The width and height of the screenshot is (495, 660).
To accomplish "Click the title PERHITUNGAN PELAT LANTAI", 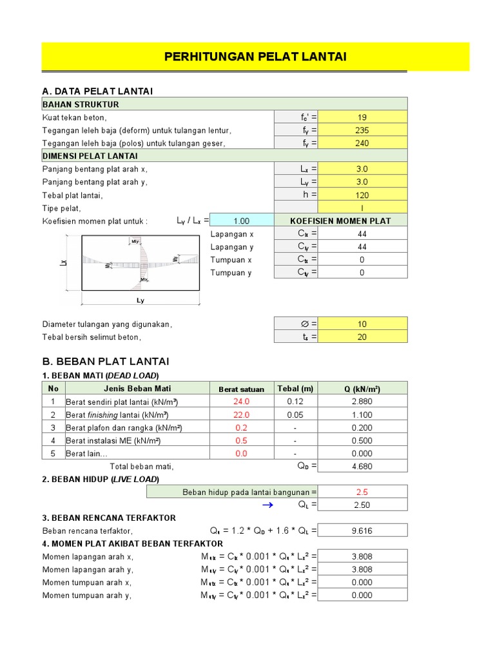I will (255, 57).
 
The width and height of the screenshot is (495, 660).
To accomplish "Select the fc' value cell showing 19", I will (362, 117).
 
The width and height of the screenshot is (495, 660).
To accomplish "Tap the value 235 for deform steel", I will (362, 130).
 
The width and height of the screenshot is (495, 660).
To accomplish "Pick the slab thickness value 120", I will (362, 195).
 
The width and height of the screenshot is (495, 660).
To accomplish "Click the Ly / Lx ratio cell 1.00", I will (241, 220).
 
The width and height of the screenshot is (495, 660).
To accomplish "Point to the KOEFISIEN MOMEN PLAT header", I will (340, 220).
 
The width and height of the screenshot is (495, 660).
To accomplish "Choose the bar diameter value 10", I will (362, 324).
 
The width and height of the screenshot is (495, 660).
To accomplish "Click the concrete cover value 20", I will (362, 336).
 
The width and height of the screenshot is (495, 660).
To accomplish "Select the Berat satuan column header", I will (241, 389).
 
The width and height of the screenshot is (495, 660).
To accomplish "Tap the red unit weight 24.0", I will (241, 402).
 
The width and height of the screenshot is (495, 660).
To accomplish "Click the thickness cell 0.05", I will (295, 414).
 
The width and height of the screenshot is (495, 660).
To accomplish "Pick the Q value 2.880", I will (362, 402).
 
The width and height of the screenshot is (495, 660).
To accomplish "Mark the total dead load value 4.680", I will (362, 466).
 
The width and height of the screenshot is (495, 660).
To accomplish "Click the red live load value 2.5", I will (362, 492).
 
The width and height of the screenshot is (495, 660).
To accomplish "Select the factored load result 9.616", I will (362, 530).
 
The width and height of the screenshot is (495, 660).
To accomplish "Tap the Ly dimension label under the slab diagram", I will (140, 301).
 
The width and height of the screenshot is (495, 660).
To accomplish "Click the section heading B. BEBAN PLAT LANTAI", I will (105, 361).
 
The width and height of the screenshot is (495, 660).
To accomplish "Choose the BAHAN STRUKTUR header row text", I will (81, 104).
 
